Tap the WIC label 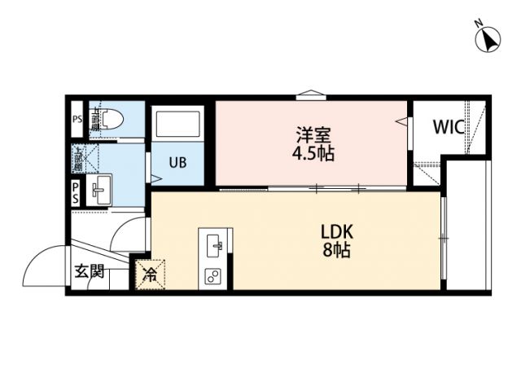tap(449, 126)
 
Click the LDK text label tap(335, 231)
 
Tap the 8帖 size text tap(336, 250)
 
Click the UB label tap(177, 161)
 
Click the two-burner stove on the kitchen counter tap(216, 274)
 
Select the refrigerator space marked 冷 tap(151, 274)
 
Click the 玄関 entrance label tap(90, 271)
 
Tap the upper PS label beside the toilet tap(77, 119)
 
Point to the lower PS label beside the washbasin tap(75, 192)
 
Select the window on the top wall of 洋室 tap(311, 96)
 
